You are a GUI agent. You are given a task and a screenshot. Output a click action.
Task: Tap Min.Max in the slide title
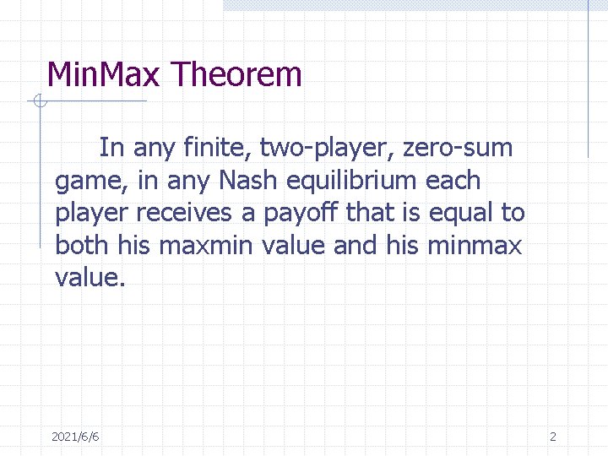point(103,75)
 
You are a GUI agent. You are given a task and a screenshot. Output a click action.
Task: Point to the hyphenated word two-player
point(327,149)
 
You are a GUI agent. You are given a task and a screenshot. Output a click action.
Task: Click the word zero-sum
point(458,148)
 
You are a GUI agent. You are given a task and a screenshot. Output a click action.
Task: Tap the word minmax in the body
point(475,246)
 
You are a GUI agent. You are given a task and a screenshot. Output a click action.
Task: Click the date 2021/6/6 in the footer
point(75,437)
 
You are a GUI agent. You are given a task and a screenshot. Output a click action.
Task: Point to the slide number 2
point(553,437)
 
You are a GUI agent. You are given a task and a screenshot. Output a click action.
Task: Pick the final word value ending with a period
point(90,278)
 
